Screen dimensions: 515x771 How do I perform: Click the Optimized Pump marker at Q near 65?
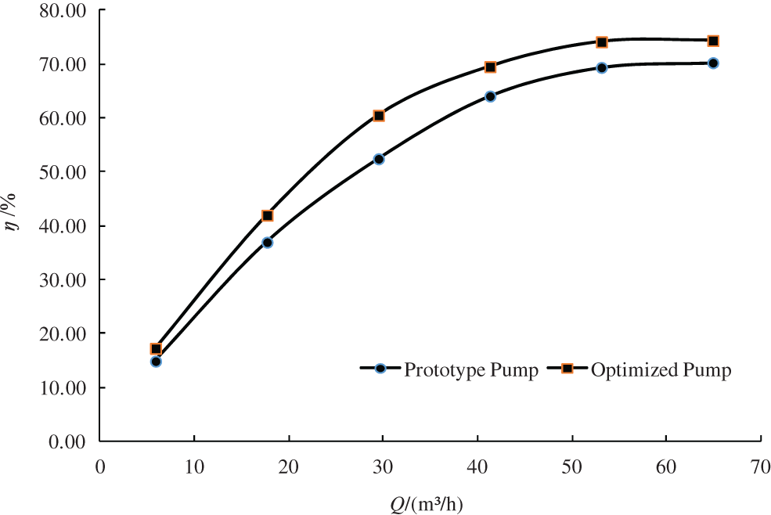(713, 41)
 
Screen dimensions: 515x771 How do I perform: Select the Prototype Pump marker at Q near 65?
(713, 63)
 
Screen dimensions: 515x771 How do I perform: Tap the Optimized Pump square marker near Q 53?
(602, 42)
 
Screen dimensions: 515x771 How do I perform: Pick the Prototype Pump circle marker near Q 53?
(602, 68)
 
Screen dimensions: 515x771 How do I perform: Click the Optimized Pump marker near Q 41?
(490, 67)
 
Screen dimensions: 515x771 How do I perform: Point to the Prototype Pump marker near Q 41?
(490, 96)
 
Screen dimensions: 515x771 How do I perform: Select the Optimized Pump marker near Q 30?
(379, 116)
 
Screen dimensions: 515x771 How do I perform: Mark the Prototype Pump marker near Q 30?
(379, 159)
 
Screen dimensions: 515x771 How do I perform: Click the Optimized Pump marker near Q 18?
(268, 215)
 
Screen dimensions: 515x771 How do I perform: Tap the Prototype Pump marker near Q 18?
(268, 243)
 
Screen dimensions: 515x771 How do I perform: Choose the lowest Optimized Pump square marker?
(156, 349)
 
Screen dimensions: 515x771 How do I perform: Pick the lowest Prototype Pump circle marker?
(156, 362)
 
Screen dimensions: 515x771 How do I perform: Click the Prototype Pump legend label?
(470, 370)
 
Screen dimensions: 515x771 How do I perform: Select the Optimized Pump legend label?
(661, 370)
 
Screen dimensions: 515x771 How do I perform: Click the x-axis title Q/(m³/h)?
(427, 504)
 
